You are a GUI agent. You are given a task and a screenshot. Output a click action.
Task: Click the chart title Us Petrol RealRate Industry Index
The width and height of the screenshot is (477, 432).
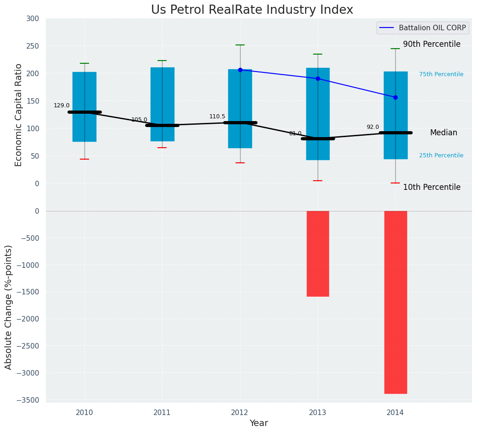point(252,10)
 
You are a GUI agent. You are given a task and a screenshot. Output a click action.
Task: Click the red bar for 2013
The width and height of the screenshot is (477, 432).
point(318,253)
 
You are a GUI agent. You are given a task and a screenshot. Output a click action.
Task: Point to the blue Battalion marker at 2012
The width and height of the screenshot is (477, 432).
point(240,70)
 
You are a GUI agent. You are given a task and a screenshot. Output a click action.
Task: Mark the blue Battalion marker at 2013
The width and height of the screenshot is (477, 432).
point(318,78)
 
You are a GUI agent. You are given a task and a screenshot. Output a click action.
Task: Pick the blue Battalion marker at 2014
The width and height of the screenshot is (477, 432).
point(395,97)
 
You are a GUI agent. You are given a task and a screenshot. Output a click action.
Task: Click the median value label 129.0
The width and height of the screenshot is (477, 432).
point(62,105)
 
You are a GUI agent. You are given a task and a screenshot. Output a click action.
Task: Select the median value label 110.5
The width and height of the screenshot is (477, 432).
point(217,116)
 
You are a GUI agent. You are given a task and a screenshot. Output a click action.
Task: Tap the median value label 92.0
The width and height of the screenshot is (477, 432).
point(373,127)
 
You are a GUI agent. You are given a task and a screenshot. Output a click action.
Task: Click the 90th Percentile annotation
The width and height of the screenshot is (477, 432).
point(432,44)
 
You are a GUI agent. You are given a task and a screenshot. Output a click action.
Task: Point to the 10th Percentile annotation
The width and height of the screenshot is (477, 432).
point(432,187)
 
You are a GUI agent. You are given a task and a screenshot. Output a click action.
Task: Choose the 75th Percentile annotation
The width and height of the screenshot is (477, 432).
point(441,74)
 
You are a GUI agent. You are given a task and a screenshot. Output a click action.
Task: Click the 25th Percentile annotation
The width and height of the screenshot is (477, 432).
point(441,155)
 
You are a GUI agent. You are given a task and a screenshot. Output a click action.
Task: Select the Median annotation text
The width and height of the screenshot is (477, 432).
point(443,133)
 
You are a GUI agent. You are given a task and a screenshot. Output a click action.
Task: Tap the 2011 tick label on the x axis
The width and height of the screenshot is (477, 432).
point(162,413)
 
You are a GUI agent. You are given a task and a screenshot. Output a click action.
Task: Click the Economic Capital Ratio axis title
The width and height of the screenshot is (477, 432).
point(19,115)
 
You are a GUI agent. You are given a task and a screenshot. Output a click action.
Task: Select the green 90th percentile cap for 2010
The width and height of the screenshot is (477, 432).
point(84,63)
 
